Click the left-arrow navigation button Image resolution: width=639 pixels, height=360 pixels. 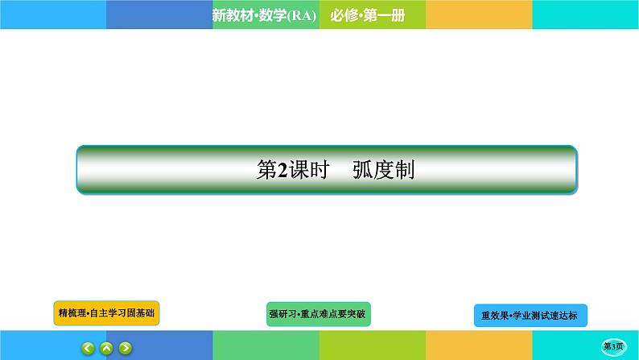pos(88,348)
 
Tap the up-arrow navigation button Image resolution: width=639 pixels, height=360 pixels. pos(106,348)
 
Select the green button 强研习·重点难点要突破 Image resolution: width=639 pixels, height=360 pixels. pos(319,314)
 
